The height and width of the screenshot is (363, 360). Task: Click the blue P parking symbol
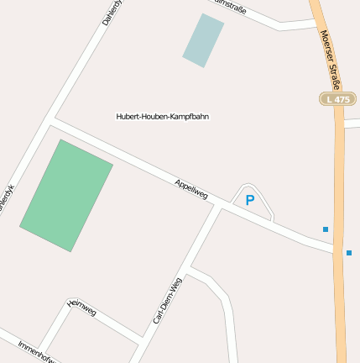pyautogui.click(x=249, y=200)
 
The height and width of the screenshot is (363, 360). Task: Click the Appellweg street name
pyautogui.click(x=191, y=189)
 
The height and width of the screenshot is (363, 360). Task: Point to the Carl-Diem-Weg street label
pyautogui.click(x=167, y=301)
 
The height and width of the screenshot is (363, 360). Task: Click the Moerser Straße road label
pyautogui.click(x=330, y=60)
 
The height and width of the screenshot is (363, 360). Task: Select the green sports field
pyautogui.click(x=66, y=195)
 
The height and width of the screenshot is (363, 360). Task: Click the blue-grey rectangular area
pyautogui.click(x=203, y=39)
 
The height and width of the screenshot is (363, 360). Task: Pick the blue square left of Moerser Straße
pyautogui.click(x=326, y=229)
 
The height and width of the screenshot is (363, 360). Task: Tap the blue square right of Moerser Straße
pyautogui.click(x=349, y=252)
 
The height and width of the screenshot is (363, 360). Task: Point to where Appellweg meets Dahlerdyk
pyautogui.click(x=52, y=120)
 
